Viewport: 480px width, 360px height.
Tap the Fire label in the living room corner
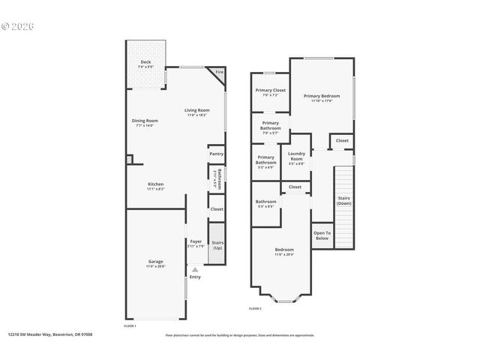(x=219, y=73)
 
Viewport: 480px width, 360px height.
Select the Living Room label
(x=196, y=112)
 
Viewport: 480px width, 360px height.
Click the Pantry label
(x=217, y=154)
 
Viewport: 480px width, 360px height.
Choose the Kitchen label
(x=155, y=184)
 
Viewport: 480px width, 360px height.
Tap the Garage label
(x=155, y=262)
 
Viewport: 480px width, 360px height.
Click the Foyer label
(x=195, y=241)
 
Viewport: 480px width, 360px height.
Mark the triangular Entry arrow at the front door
(x=195, y=268)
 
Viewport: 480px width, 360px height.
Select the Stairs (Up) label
(x=217, y=244)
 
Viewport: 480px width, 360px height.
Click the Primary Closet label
(x=270, y=91)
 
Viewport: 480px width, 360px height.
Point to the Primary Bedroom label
(x=321, y=96)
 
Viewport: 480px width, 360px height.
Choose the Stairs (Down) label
(x=343, y=200)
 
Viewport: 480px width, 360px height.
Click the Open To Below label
(x=322, y=235)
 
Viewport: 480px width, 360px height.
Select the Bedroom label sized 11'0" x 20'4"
(x=283, y=250)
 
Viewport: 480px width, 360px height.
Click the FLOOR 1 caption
(x=130, y=325)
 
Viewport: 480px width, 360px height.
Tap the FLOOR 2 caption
(x=255, y=308)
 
